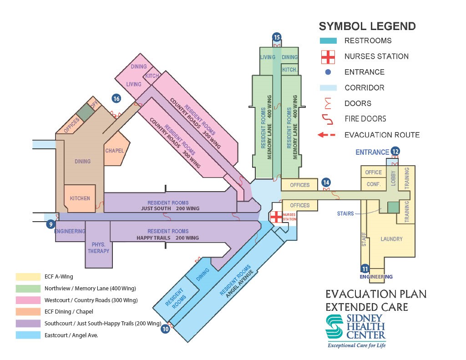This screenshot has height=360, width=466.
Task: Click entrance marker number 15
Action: [277, 37]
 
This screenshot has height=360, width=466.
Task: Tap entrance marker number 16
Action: [116, 98]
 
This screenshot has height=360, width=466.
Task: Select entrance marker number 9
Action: [51, 223]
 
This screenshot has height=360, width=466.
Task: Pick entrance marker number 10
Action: [166, 328]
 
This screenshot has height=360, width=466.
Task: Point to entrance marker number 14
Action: [326, 183]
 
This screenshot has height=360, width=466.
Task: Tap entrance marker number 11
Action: [365, 269]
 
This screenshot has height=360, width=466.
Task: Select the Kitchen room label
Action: [80, 198]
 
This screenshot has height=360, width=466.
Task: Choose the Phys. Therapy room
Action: [98, 248]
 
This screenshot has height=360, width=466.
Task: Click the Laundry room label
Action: [391, 239]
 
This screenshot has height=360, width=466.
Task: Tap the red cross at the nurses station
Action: [276, 217]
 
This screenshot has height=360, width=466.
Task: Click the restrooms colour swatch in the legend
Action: [328, 41]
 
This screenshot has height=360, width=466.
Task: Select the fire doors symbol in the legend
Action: [328, 119]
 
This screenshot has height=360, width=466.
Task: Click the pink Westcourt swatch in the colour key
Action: [28, 300]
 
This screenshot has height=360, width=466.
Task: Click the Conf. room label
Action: [374, 184]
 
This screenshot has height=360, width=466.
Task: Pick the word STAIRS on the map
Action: [345, 213]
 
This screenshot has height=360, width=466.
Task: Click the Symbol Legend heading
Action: [367, 26]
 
